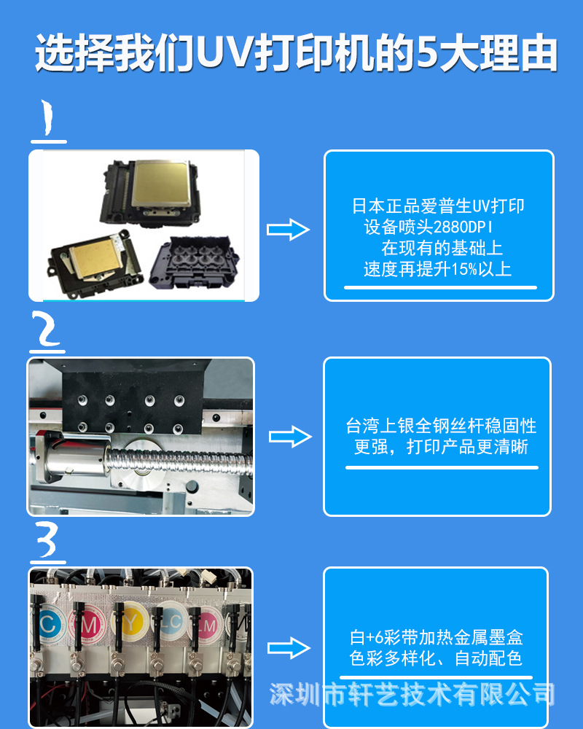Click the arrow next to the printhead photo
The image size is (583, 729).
click(289, 229)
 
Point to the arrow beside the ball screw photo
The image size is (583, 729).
click(290, 437)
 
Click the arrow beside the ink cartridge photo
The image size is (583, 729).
click(289, 648)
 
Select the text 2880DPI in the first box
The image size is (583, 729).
click(463, 227)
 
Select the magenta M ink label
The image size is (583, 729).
click(88, 625)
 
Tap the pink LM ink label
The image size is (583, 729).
click(208, 625)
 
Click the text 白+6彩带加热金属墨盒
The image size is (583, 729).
click(436, 637)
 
